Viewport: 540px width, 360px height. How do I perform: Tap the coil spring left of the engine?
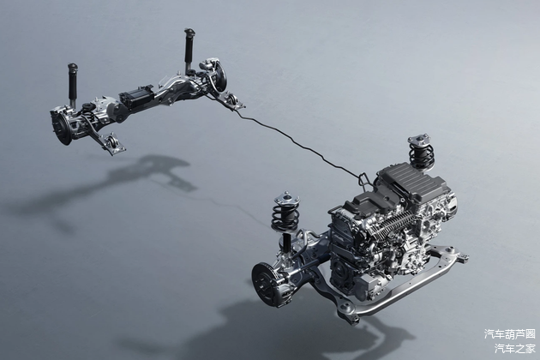click(285, 216)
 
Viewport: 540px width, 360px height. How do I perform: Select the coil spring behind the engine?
click(421, 156)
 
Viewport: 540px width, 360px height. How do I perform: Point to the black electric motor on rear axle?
click(137, 99)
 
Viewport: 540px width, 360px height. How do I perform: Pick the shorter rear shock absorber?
click(73, 84)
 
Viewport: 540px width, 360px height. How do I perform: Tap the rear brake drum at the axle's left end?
click(62, 127)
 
